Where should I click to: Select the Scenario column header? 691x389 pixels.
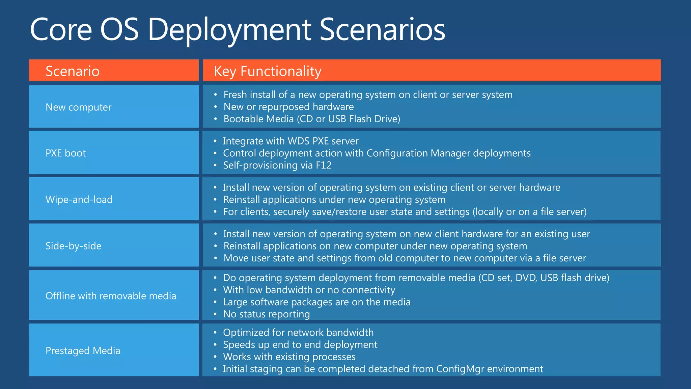click(x=73, y=71)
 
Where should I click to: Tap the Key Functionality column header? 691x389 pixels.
click(x=268, y=71)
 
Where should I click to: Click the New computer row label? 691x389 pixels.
click(x=78, y=107)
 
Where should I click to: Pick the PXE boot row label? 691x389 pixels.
click(x=65, y=153)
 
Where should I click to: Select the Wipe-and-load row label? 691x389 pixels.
click(x=79, y=200)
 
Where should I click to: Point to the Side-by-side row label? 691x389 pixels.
click(x=73, y=246)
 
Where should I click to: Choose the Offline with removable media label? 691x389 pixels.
click(x=111, y=296)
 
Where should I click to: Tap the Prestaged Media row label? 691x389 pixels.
click(x=83, y=351)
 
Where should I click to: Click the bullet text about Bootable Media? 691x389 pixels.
click(x=312, y=119)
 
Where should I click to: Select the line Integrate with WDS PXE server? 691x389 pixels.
click(x=291, y=141)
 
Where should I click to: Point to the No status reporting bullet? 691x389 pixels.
click(x=266, y=314)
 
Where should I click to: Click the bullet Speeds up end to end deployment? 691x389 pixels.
click(x=300, y=344)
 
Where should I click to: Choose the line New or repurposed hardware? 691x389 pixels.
click(x=288, y=107)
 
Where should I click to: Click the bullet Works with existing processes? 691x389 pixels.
click(x=289, y=357)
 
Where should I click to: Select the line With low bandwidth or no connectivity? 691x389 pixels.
click(x=309, y=290)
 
